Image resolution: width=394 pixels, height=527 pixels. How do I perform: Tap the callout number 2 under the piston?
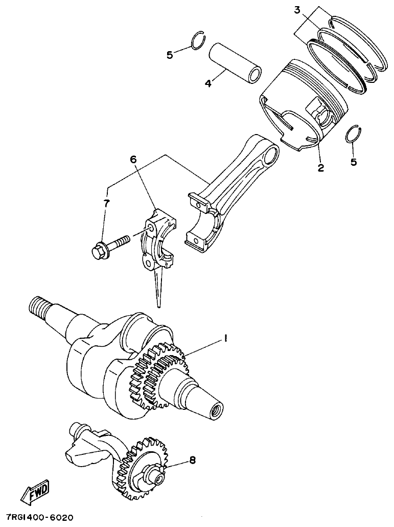321,167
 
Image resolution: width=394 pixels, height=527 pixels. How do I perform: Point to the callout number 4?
208,83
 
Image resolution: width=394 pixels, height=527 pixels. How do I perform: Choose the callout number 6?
133,160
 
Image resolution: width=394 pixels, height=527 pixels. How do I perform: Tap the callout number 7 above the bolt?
106,204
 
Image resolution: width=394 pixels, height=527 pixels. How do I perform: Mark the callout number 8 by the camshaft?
192,460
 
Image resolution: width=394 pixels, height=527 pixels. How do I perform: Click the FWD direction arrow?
35,493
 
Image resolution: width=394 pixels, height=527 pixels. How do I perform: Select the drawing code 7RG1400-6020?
40,517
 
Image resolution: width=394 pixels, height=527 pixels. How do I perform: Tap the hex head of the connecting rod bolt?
99,252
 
